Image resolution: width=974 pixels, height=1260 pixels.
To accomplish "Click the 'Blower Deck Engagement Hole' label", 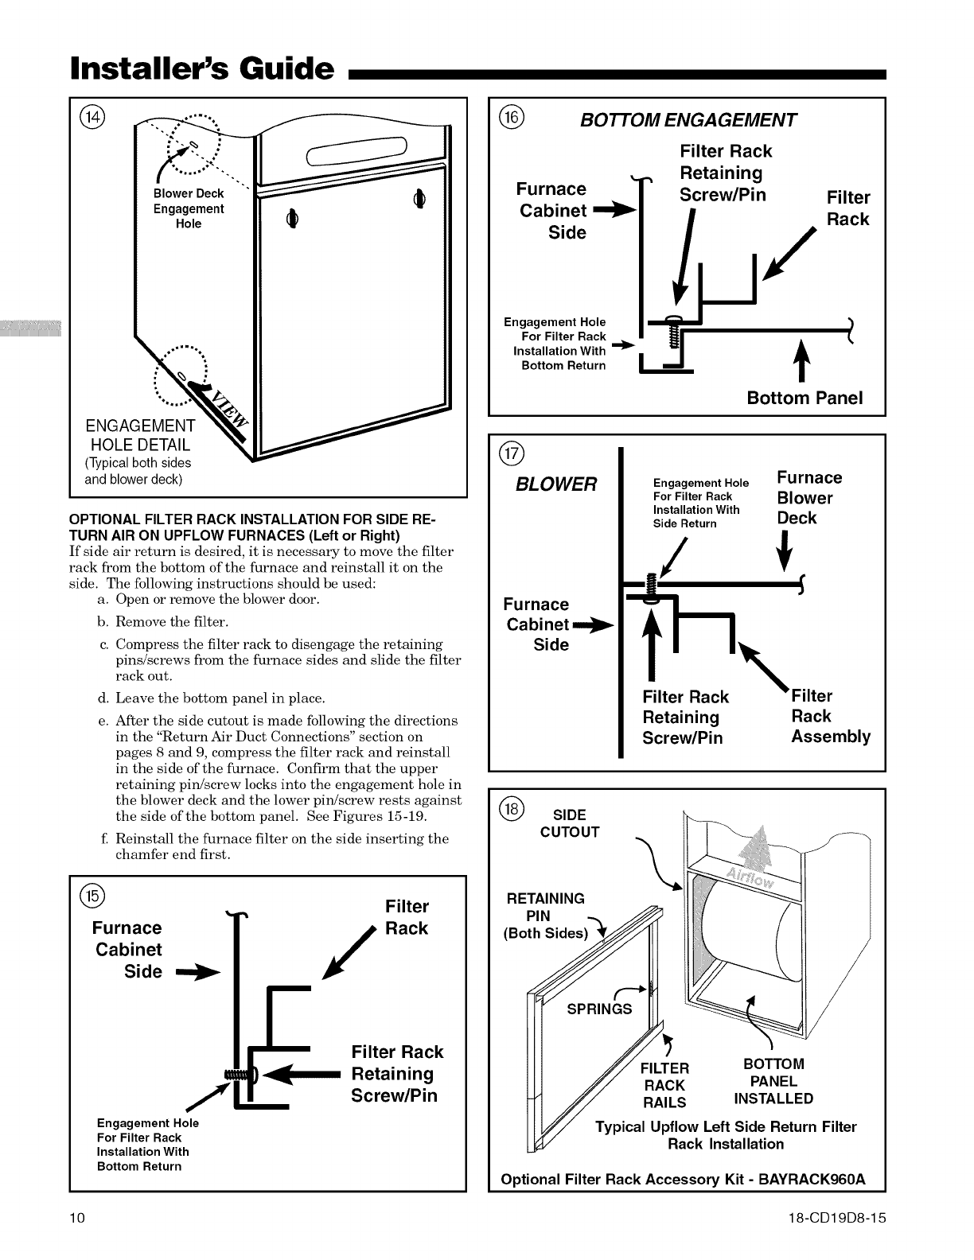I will coord(189,208).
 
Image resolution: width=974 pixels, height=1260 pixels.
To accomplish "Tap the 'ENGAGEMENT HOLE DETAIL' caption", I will coord(140,435).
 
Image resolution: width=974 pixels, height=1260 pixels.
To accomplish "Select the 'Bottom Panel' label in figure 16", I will coord(805,398).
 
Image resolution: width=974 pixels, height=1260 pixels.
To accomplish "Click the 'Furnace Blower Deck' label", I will coord(808,498).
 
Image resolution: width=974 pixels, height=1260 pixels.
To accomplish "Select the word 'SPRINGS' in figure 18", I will coord(599,1009).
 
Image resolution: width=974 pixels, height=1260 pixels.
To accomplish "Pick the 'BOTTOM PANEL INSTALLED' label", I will coord(773,1081).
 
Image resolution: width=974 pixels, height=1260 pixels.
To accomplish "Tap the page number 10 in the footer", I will coord(77,1219).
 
